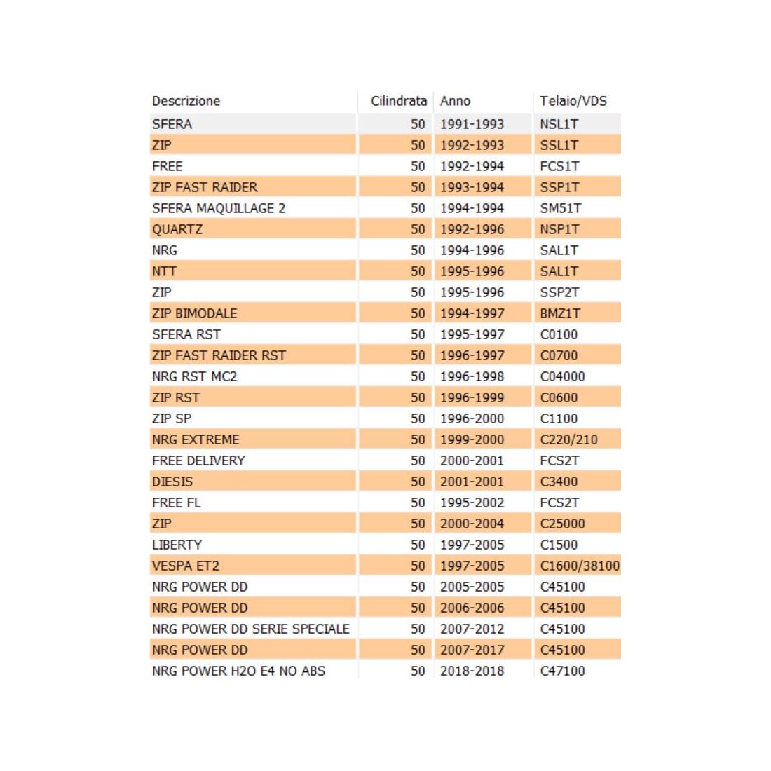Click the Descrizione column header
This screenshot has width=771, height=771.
tap(186, 101)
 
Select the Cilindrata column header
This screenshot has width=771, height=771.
tap(398, 101)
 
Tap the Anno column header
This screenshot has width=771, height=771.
tap(455, 101)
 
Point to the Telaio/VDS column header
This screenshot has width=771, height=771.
tap(573, 101)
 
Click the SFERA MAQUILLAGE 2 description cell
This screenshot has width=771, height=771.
tap(219, 208)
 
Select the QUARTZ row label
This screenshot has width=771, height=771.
tap(177, 229)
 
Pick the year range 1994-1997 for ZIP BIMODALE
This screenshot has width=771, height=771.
tap(472, 313)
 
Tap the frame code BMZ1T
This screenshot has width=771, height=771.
tap(559, 313)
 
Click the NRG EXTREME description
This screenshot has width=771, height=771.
tap(196, 439)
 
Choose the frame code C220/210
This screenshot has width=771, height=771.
tap(568, 439)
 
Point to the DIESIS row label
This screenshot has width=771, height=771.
tap(172, 482)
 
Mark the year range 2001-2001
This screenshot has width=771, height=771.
tap(472, 482)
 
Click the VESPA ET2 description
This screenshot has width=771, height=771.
tap(186, 566)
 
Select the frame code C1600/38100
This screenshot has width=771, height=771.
tap(580, 566)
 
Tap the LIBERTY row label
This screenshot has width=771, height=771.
tap(177, 545)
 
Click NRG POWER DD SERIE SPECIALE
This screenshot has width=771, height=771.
tap(250, 629)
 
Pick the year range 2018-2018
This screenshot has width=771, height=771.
tap(472, 671)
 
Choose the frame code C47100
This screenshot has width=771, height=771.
tap(562, 671)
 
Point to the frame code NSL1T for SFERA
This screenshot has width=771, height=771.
tap(559, 124)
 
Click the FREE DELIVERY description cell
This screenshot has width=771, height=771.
tap(198, 460)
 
